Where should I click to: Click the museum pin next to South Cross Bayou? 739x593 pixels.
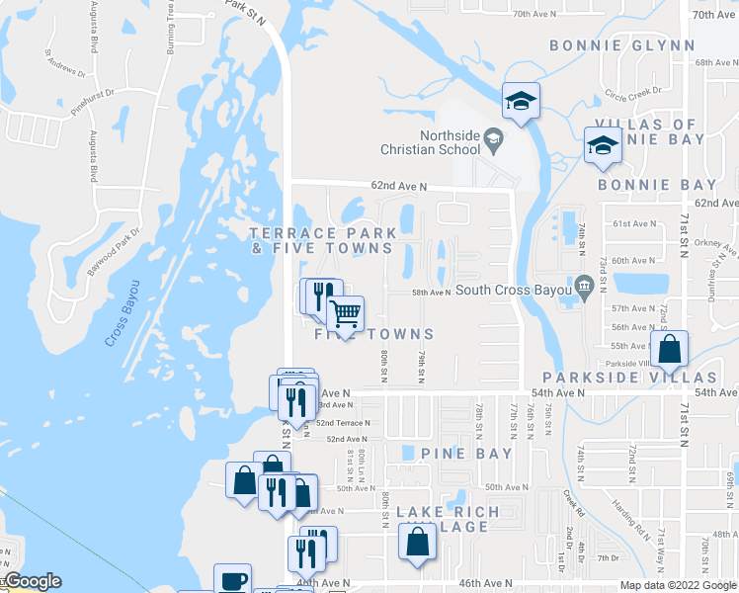click(x=583, y=288)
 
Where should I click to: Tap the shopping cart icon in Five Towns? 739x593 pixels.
click(x=345, y=315)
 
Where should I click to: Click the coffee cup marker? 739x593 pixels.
click(x=232, y=580)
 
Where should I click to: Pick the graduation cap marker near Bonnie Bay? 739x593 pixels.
click(x=602, y=146)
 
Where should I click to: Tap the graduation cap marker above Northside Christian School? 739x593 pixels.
click(x=520, y=100)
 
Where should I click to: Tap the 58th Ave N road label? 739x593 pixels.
click(x=431, y=293)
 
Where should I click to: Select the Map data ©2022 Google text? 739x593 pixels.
click(x=677, y=585)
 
